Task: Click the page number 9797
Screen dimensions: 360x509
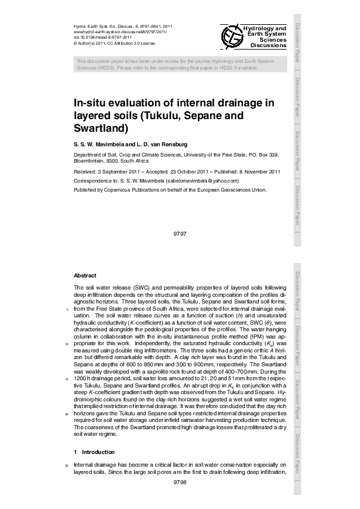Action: click(x=178, y=233)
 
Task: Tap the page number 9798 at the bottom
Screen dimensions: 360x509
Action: click(x=180, y=482)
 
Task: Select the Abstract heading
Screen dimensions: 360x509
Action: click(x=85, y=275)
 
